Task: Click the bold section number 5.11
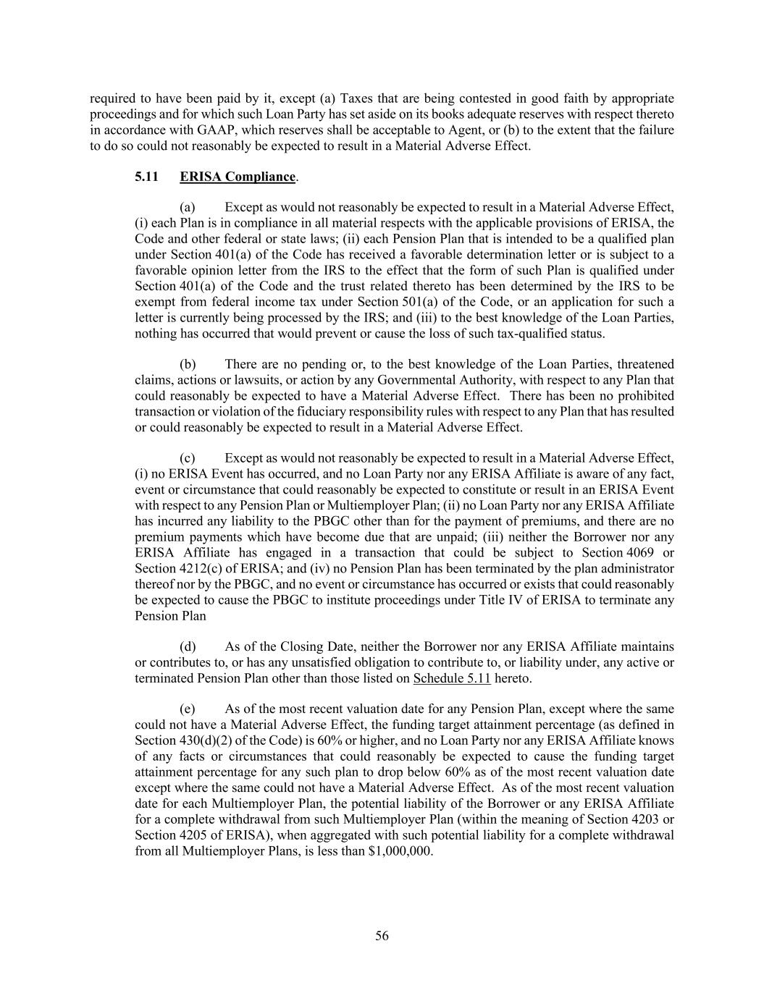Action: pyautogui.click(x=146, y=177)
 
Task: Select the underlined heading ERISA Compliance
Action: pyautogui.click(x=238, y=177)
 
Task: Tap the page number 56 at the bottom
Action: pyautogui.click(x=382, y=936)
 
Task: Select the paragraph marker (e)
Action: pyautogui.click(x=187, y=709)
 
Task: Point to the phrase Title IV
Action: pyautogui.click(x=499, y=600)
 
